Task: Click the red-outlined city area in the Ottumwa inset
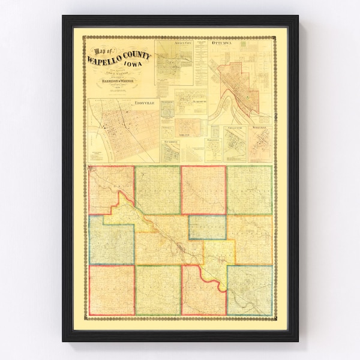239,84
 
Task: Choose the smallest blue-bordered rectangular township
207,226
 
